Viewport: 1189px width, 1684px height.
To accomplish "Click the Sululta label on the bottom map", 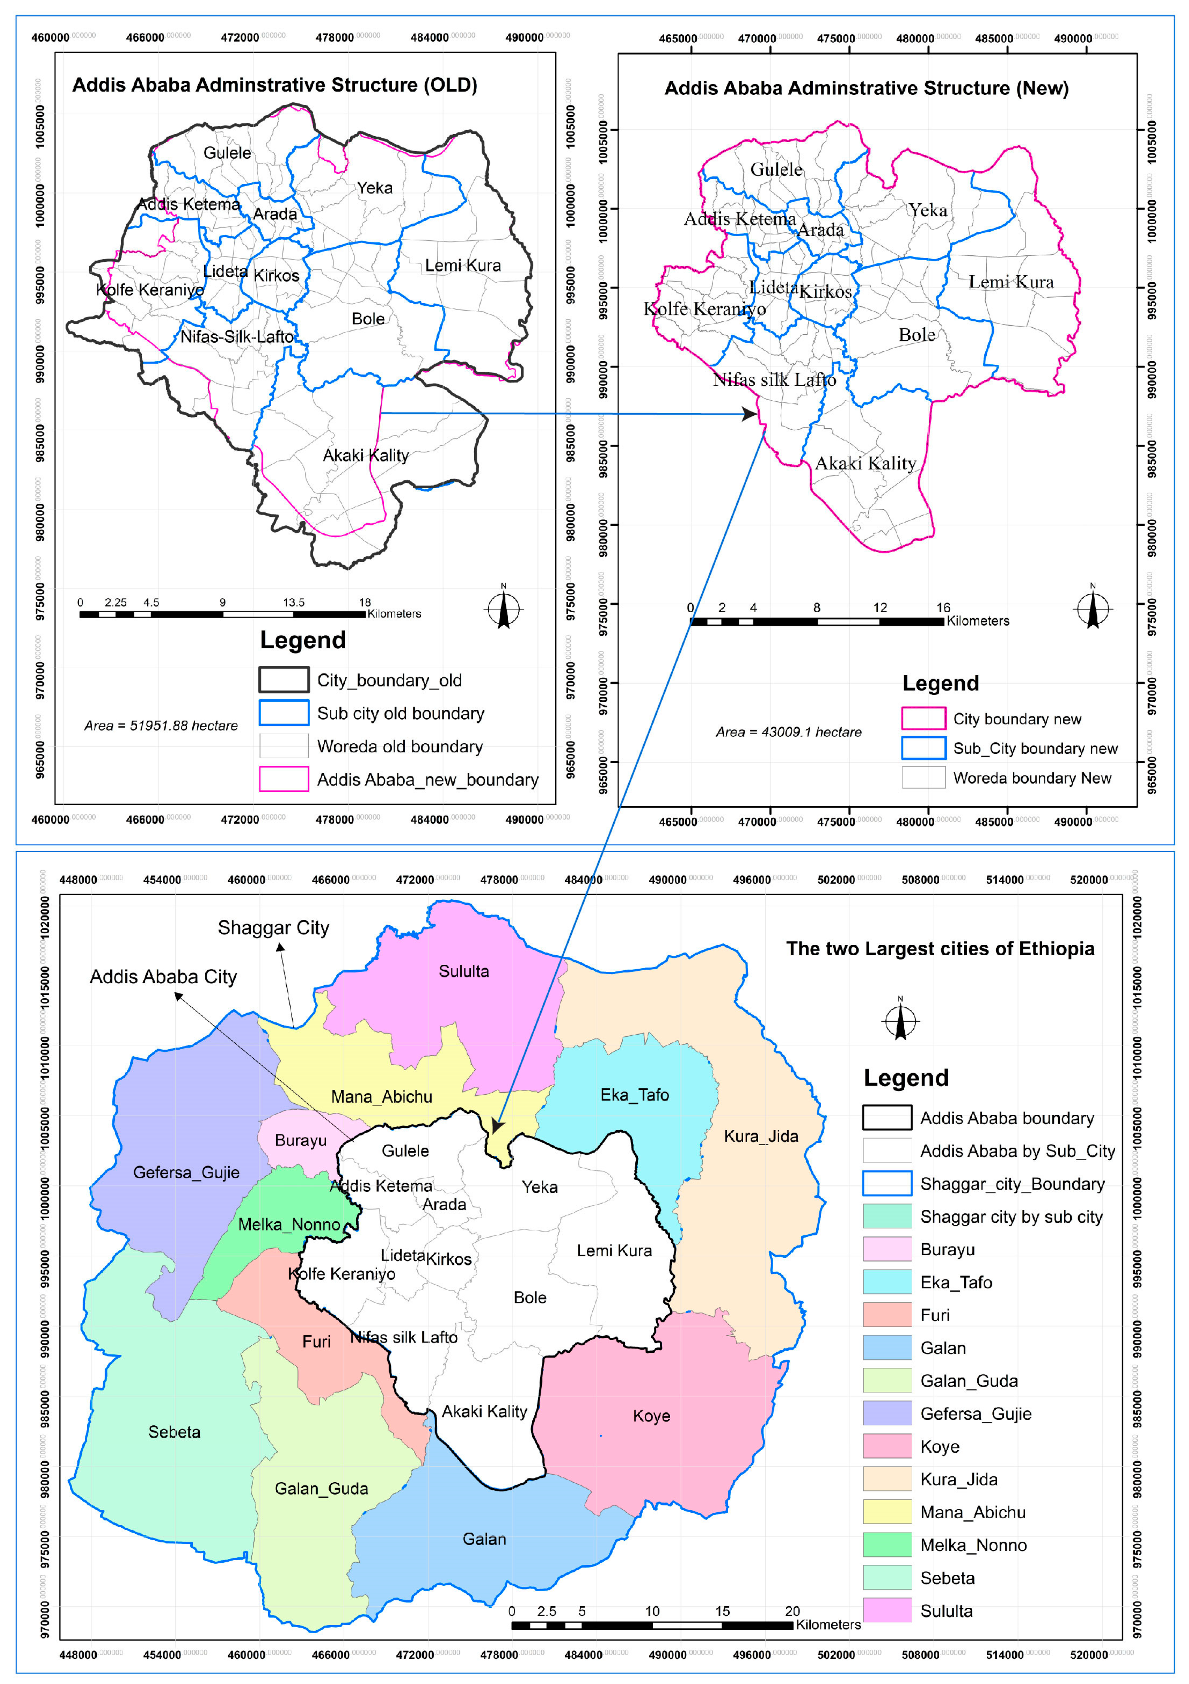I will pos(464,971).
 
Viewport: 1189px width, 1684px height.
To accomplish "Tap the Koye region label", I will pos(651,1416).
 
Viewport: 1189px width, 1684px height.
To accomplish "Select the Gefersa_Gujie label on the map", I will pos(186,1172).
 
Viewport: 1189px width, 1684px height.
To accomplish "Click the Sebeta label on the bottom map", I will pos(174,1432).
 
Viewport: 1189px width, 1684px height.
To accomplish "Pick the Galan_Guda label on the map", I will pos(321,1488).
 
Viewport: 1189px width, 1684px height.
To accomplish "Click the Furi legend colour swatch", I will pos(887,1315).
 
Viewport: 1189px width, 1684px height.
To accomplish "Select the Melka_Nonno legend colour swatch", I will pos(887,1545).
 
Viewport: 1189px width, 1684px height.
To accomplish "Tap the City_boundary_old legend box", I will pos(284,680).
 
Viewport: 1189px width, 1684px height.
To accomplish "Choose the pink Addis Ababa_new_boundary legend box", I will pos(284,779).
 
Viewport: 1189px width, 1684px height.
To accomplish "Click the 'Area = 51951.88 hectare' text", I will pos(161,726).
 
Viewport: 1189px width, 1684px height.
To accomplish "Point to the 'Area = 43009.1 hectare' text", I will pos(789,732).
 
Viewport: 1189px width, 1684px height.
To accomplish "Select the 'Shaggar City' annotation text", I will pos(274,928).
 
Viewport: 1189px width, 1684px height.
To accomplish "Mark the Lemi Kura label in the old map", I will pos(463,266).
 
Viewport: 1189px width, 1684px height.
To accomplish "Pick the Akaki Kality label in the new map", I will pos(866,463).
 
